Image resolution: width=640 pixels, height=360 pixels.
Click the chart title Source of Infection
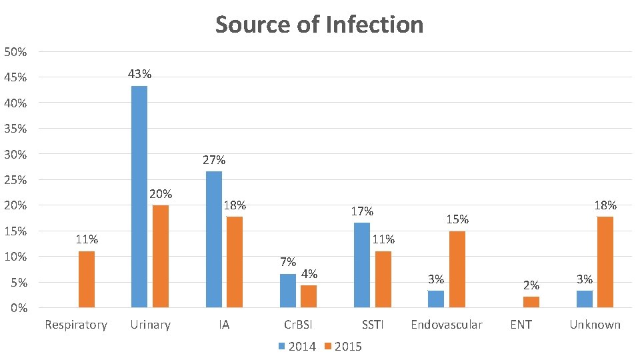(319, 25)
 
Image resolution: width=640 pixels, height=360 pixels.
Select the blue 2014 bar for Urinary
(139, 197)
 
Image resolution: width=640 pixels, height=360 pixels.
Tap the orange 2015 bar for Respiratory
(87, 279)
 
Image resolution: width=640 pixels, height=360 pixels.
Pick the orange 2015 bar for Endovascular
(457, 269)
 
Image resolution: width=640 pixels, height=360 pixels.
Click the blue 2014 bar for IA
(214, 239)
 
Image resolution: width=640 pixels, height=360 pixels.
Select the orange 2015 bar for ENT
(531, 302)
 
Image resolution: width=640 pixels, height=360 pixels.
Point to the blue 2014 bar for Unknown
(585, 299)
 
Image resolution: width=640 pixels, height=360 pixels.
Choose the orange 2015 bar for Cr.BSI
(309, 297)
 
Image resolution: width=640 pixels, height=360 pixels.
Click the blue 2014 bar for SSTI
(362, 265)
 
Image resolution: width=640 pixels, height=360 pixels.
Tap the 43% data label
(139, 74)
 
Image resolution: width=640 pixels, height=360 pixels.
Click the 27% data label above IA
(214, 160)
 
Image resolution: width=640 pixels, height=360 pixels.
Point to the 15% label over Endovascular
(457, 219)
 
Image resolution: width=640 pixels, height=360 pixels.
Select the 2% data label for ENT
(531, 285)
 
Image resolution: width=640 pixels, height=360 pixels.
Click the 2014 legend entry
(297, 346)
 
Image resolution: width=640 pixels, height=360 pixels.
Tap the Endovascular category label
(447, 325)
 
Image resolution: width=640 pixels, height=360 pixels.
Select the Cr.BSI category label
(298, 325)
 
